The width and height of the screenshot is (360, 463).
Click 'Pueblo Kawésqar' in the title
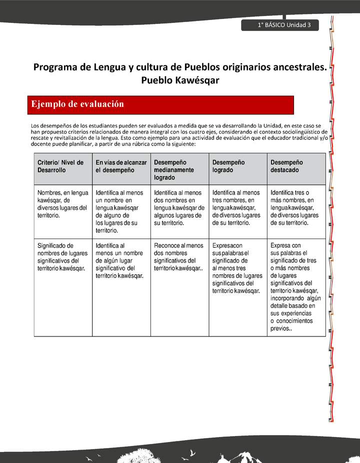[180, 80]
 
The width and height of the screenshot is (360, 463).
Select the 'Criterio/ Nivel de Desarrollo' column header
[60, 166]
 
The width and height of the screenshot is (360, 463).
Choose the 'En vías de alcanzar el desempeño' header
[121, 166]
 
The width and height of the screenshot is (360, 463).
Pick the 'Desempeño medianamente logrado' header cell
[179, 170]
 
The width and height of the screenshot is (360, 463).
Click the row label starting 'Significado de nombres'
[61, 257]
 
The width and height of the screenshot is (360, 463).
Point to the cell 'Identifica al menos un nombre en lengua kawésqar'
[120, 211]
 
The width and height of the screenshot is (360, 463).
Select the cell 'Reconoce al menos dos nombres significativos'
[178, 257]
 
